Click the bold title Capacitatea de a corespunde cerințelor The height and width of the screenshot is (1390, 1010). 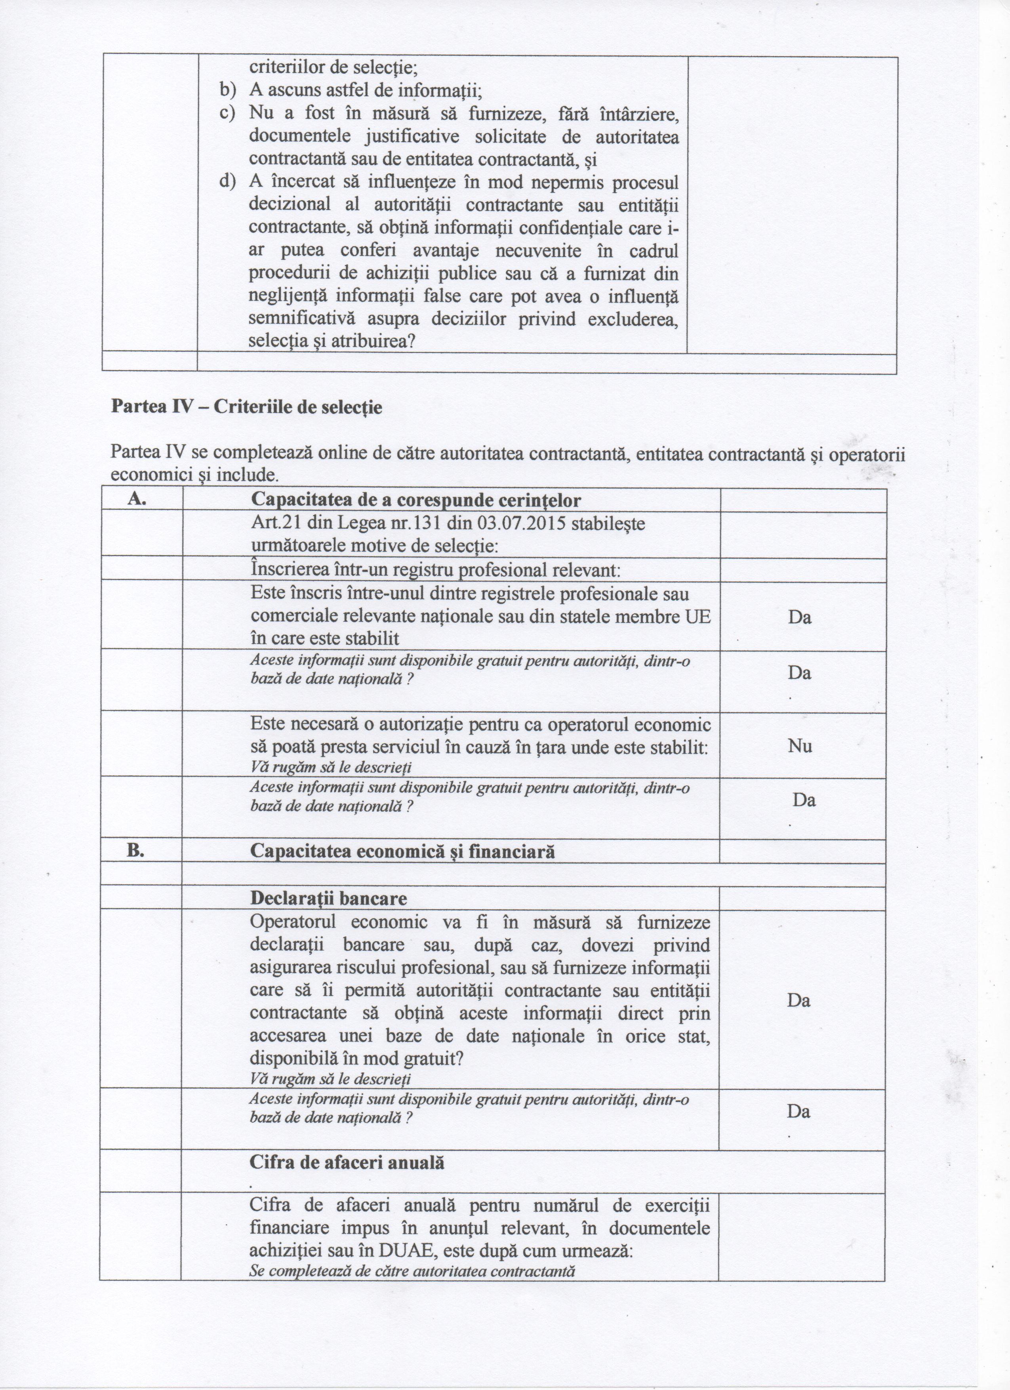415,501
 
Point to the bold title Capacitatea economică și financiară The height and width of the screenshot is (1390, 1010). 403,852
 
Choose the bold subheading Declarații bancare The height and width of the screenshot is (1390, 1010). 328,899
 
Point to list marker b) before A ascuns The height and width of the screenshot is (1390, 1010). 228,91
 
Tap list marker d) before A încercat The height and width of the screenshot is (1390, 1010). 228,182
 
